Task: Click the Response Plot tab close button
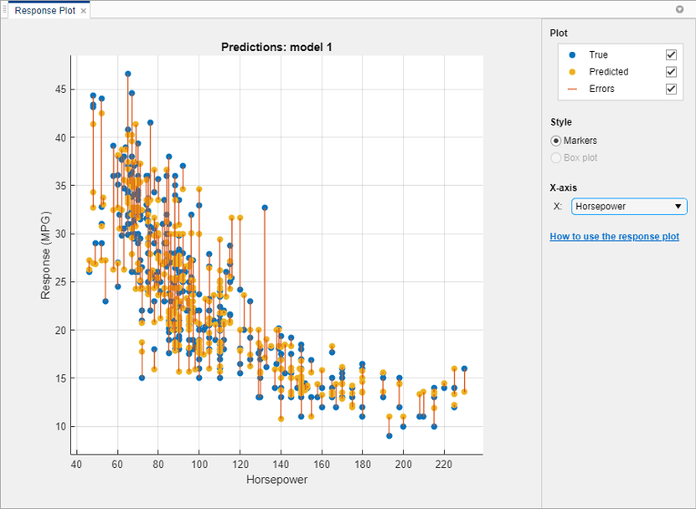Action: (84, 10)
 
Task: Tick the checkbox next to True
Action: (671, 55)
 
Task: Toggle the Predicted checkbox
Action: (671, 72)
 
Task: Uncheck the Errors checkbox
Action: (671, 89)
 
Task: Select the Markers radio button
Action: (556, 141)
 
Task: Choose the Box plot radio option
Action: (556, 158)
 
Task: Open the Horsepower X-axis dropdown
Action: (629, 207)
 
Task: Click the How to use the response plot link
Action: (614, 237)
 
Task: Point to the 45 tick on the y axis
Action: (60, 89)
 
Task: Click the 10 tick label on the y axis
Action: (60, 426)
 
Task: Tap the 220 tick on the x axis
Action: (444, 464)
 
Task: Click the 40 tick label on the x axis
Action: (76, 464)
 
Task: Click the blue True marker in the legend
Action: (571, 55)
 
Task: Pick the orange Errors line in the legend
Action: (571, 89)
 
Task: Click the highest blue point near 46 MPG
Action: (127, 74)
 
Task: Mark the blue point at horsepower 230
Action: (464, 369)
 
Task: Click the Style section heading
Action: (561, 122)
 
